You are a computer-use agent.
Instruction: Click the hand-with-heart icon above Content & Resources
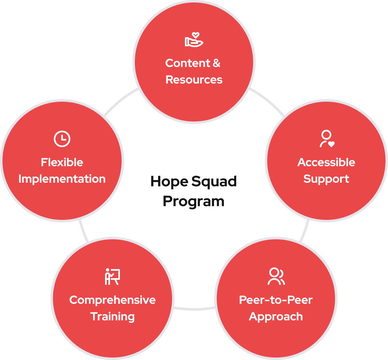194,40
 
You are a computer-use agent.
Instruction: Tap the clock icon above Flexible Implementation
62,139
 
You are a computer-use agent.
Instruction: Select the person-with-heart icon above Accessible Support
326,139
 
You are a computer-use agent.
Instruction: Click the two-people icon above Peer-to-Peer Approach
276,277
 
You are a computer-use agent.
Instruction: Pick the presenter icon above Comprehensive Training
112,277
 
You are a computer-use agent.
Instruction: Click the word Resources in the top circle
194,80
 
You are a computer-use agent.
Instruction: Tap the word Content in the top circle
187,63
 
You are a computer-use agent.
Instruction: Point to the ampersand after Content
216,63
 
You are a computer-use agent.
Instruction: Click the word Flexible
62,162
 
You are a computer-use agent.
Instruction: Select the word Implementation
62,179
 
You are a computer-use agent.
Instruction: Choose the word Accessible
326,162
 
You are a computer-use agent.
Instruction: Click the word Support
326,179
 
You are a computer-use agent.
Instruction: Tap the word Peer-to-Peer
276,300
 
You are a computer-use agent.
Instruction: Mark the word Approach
276,317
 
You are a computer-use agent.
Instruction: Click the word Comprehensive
113,300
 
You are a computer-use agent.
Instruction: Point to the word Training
113,317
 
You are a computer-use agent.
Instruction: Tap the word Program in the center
194,201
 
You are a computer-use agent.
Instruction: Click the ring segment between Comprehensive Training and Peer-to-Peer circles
194,308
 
